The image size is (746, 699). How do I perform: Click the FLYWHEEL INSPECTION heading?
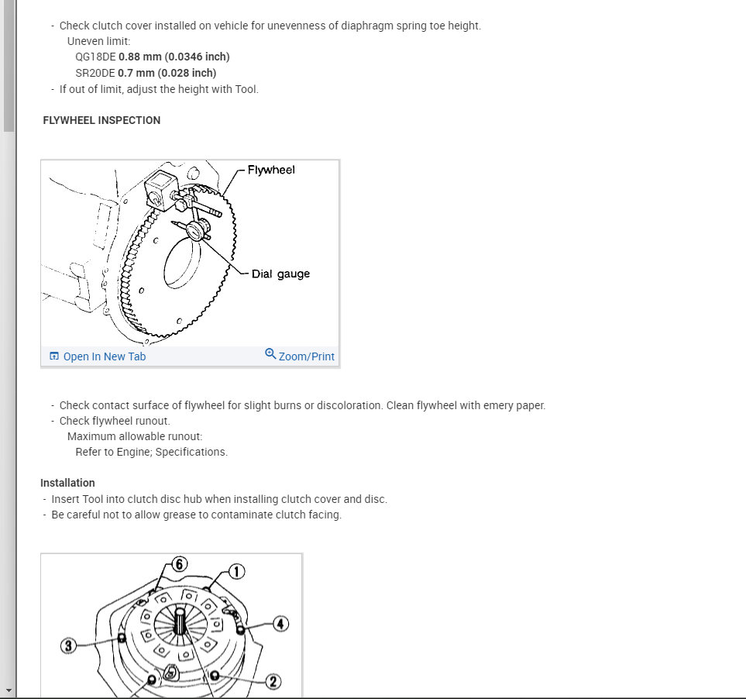pos(101,120)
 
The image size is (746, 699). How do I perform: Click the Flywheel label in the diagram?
pos(271,170)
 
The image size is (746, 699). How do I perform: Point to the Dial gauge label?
pos(280,274)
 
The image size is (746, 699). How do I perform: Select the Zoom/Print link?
pos(306,356)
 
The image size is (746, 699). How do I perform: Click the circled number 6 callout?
pos(179,564)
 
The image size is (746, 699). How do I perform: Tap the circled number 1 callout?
pos(236,572)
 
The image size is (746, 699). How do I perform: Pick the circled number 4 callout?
pos(280,623)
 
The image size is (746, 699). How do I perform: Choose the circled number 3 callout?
pos(69,646)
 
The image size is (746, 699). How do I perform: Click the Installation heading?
pos(67,483)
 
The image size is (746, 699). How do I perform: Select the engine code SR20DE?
pos(95,73)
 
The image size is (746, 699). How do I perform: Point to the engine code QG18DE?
pos(95,57)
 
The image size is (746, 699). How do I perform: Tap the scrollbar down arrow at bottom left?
pos(9,690)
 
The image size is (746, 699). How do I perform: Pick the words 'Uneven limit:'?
pos(98,41)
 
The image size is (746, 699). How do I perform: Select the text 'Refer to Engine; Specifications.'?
pos(151,452)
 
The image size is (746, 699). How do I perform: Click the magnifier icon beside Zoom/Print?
pos(270,353)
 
